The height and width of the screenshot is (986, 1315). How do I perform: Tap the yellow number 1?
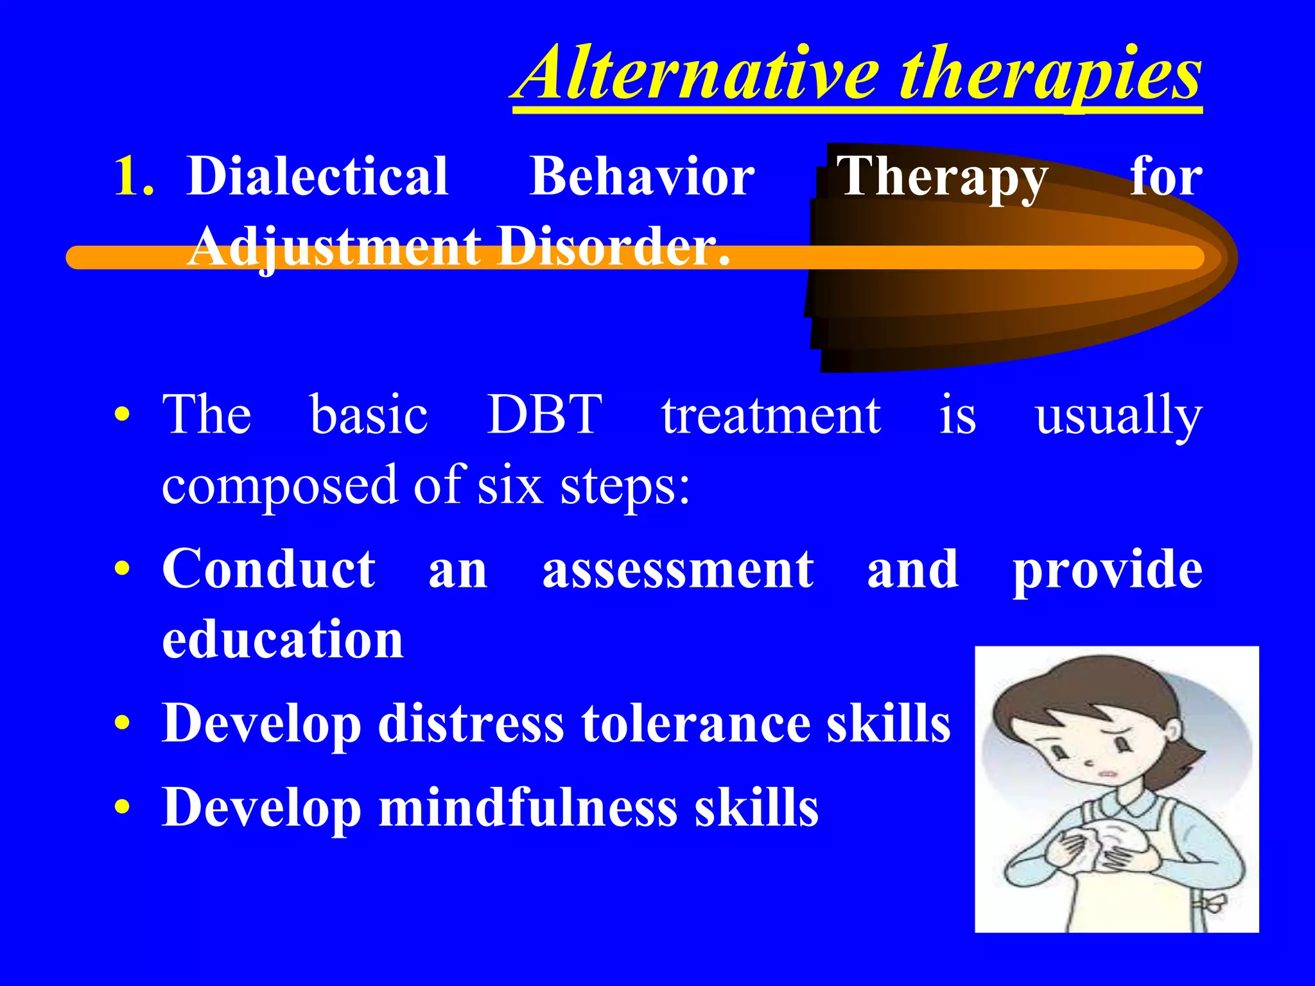[x=132, y=177]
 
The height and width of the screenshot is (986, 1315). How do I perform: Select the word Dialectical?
[x=317, y=176]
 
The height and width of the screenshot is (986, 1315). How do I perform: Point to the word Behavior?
[x=642, y=176]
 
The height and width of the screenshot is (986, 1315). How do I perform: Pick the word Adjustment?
[x=335, y=246]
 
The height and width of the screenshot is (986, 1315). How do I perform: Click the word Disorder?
[x=614, y=246]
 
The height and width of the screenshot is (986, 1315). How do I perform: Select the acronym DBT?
[x=544, y=415]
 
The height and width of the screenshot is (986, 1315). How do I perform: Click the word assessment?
[x=678, y=570]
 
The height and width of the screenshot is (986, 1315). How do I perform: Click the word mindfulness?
[x=528, y=808]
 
